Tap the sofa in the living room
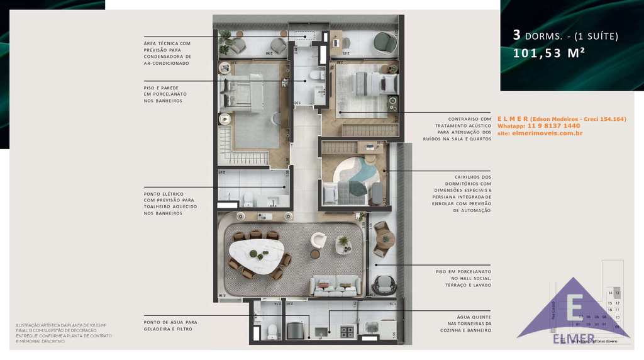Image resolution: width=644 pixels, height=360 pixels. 335,285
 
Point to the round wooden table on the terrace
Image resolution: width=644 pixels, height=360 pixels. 384,239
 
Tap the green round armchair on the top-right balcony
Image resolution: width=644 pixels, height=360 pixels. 384,42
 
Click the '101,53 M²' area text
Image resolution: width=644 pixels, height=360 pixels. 549,53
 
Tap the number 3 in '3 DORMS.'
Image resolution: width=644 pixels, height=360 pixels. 516,36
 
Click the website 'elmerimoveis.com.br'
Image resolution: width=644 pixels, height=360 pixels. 540,133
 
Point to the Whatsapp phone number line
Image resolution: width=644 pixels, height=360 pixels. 538,126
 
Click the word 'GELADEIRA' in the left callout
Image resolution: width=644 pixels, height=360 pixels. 160,329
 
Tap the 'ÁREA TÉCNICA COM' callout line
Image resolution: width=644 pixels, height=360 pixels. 167,43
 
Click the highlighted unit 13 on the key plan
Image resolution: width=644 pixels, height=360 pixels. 618,293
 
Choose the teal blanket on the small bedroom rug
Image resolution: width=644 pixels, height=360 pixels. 358,188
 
